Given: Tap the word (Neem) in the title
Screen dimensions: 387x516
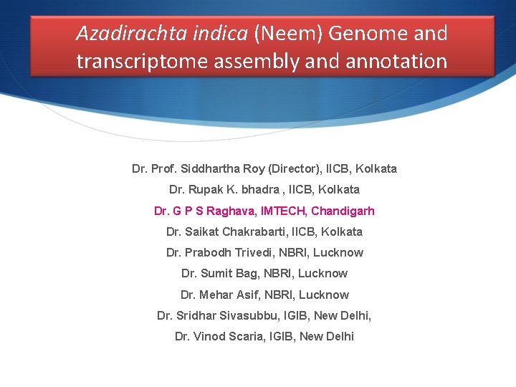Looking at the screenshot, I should click(x=282, y=33).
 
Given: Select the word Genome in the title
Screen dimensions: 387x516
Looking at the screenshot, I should click(x=365, y=33).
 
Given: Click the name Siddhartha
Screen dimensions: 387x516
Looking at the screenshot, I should click(x=210, y=169).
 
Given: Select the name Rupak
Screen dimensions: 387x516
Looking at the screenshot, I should click(x=207, y=190).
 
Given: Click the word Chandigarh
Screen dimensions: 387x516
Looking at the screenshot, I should click(x=344, y=211).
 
